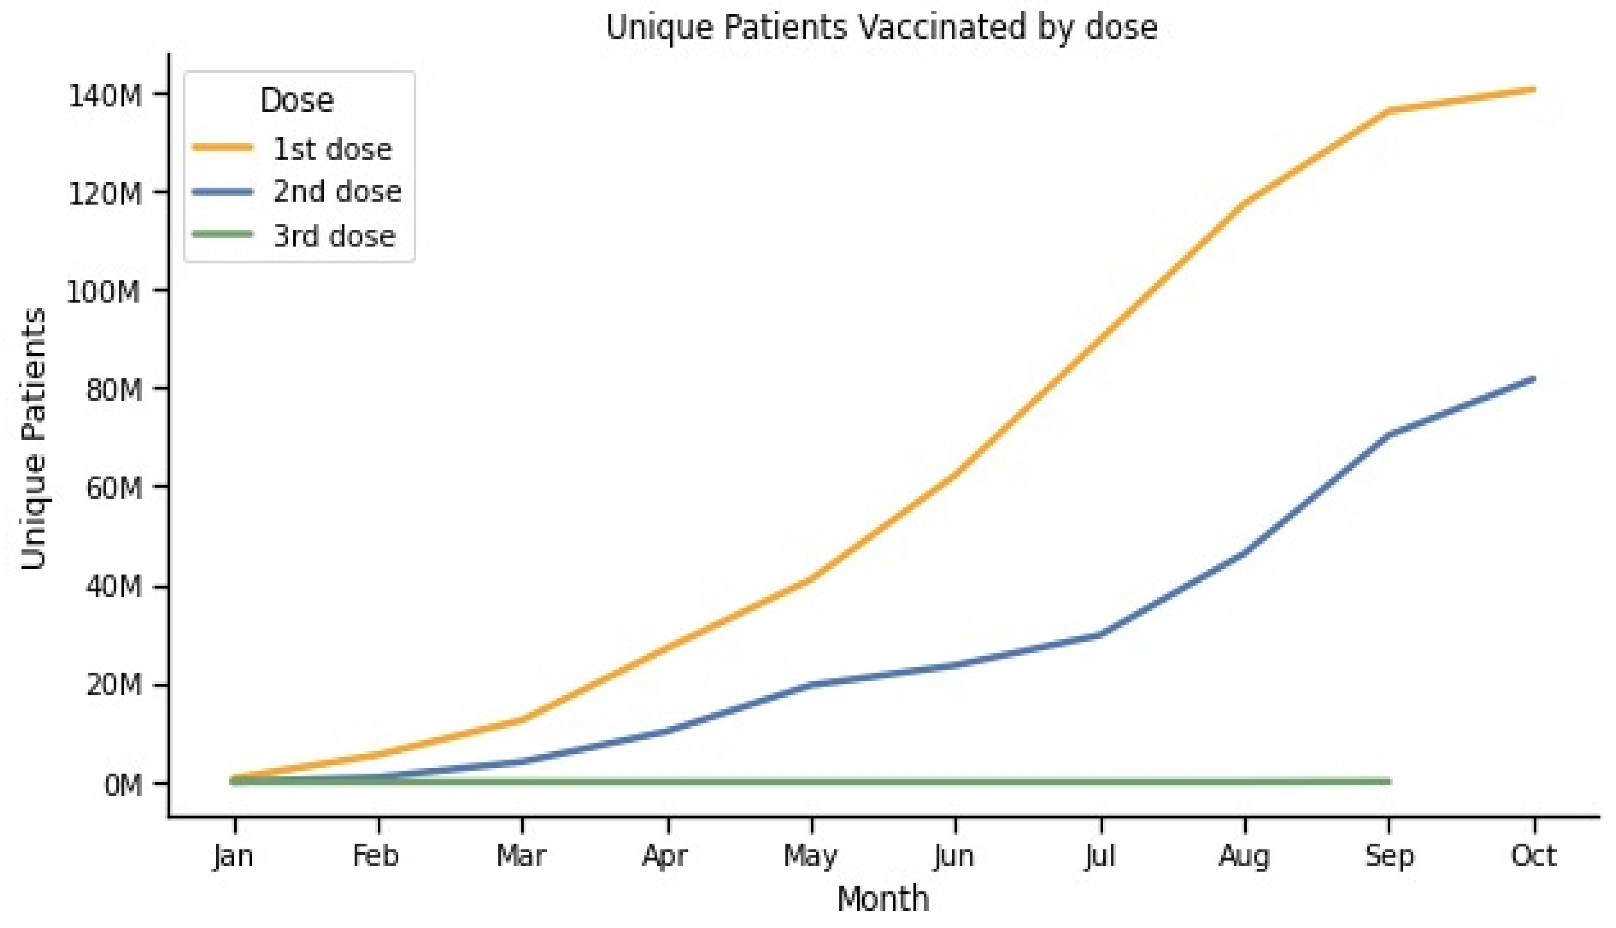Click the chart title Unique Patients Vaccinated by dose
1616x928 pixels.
[x=882, y=28]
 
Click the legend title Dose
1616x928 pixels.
[x=297, y=101]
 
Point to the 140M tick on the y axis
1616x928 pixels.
[x=115, y=96]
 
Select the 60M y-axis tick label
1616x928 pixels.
[x=115, y=488]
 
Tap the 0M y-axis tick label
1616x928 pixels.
[x=124, y=785]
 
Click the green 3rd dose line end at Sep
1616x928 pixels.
[x=1389, y=781]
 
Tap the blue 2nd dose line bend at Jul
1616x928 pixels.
[x=1101, y=634]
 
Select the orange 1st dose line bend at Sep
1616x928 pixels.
[x=1389, y=111]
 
